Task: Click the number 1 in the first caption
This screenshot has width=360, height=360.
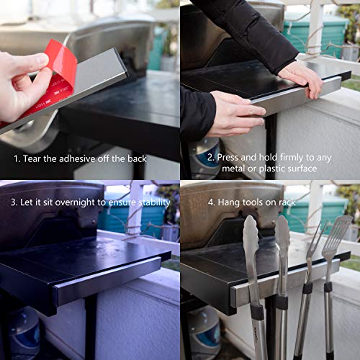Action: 15,158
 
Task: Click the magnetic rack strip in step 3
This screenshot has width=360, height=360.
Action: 108,278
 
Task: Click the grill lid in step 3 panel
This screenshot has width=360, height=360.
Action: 50,209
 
